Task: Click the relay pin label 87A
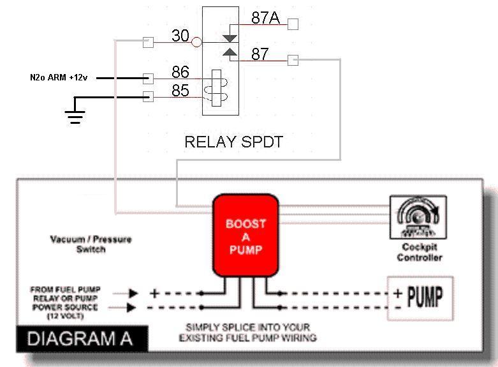click(x=265, y=18)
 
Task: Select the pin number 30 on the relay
click(x=180, y=36)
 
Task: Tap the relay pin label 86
click(x=180, y=71)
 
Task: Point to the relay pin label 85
click(x=180, y=91)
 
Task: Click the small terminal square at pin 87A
click(x=293, y=25)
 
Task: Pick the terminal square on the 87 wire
click(x=293, y=61)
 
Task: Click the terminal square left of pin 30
click(x=149, y=43)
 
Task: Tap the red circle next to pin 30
click(x=196, y=43)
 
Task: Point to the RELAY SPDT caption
click(x=233, y=142)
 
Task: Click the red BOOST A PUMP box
click(x=245, y=237)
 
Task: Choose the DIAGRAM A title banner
click(x=80, y=338)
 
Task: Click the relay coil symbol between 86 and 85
click(x=216, y=88)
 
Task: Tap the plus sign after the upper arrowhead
click(x=154, y=294)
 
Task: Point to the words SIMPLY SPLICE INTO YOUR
click(x=247, y=327)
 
